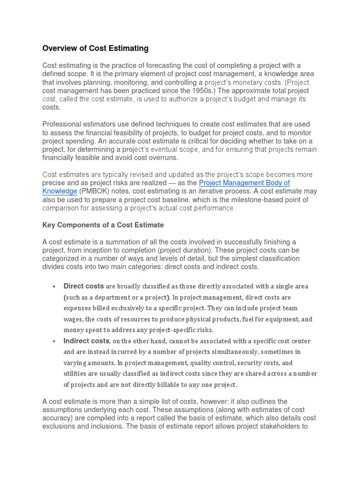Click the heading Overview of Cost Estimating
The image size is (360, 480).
tap(95, 48)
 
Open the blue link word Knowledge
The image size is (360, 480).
tap(60, 191)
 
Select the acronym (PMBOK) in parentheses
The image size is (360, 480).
tap(95, 191)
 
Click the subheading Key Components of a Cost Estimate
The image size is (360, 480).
tap(103, 225)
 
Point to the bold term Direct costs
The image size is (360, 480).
tap(83, 286)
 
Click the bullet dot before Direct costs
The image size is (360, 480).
tap(55, 286)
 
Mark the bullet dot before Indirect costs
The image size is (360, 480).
tap(55, 341)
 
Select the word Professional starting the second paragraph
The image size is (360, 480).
tap(62, 124)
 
